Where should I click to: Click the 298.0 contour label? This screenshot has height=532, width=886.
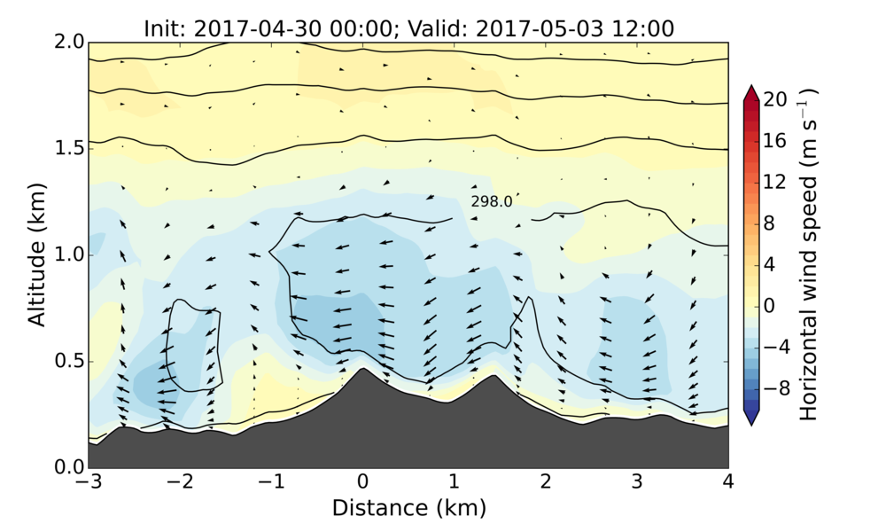coord(492,202)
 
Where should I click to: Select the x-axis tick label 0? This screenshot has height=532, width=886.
coord(361,483)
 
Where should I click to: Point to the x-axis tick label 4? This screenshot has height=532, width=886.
coord(728,483)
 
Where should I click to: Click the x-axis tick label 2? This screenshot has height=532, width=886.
coord(545,483)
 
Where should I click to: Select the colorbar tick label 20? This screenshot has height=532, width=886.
coord(776,100)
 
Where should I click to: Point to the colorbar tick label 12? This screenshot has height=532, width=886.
coord(776,182)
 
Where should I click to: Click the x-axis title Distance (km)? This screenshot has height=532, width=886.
coord(408,508)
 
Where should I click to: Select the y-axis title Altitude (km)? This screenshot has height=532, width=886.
coord(36,254)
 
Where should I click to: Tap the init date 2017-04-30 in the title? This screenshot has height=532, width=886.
coord(244,28)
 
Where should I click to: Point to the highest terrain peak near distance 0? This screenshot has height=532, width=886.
coord(361,369)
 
